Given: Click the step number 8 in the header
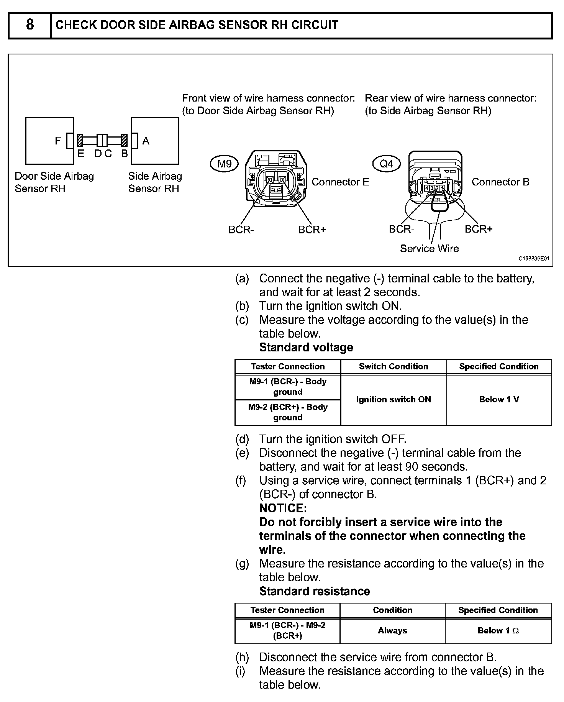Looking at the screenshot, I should (30, 25).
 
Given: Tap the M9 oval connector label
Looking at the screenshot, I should (224, 164).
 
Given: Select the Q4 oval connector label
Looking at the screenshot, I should (386, 164).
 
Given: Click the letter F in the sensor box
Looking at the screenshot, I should (58, 141).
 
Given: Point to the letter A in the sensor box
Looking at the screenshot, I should (146, 141).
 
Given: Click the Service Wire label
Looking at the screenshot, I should (429, 249).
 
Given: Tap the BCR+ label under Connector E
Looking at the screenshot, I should (312, 230).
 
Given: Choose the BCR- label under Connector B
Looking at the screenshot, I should (402, 229).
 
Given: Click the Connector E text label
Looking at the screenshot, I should (340, 182).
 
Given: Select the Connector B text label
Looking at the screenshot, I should (500, 182).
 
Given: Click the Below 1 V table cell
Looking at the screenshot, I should (499, 400).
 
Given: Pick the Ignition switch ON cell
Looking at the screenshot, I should (393, 400).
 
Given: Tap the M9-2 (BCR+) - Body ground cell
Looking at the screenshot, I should (288, 412).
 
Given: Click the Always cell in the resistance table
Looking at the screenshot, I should (392, 631).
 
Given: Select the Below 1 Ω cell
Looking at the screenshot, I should (498, 631).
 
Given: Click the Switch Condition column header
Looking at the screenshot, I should (393, 367).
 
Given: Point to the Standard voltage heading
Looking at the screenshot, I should (306, 348).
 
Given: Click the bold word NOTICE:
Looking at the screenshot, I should (283, 508).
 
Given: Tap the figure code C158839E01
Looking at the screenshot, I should (534, 259).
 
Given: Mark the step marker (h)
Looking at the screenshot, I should (242, 657).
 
